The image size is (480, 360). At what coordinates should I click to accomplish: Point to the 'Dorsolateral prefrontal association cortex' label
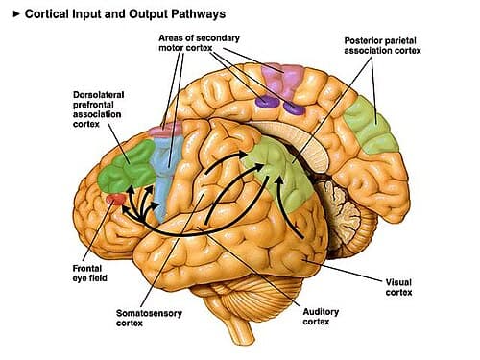coord(105,111)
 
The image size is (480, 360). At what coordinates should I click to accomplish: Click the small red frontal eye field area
coord(113,199)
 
